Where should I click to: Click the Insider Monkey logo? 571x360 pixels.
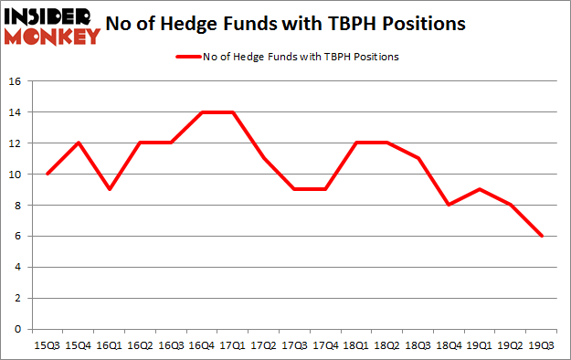52,25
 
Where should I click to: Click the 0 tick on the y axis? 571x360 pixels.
18,329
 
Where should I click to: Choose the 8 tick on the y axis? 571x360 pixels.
18,206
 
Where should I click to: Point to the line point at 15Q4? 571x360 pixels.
79,143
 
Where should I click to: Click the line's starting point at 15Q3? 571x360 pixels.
47,174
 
